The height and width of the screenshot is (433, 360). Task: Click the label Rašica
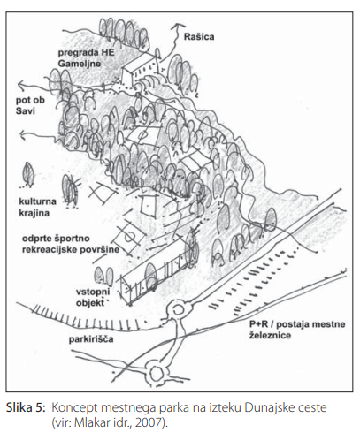click(199, 37)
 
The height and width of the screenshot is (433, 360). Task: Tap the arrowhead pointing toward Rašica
click(178, 26)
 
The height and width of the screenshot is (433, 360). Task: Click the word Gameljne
click(80, 64)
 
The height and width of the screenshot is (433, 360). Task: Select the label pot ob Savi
click(30, 105)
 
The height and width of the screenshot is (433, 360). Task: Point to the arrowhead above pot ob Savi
click(21, 86)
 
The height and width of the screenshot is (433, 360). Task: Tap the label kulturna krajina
click(37, 207)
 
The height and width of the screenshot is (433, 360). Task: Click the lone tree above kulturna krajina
click(28, 174)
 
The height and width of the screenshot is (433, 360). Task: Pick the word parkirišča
click(91, 339)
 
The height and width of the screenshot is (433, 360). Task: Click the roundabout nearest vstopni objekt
click(178, 310)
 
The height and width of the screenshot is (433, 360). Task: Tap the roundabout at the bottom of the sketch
click(156, 374)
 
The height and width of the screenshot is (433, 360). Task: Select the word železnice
click(270, 336)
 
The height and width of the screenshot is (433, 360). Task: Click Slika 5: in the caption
click(27, 408)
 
